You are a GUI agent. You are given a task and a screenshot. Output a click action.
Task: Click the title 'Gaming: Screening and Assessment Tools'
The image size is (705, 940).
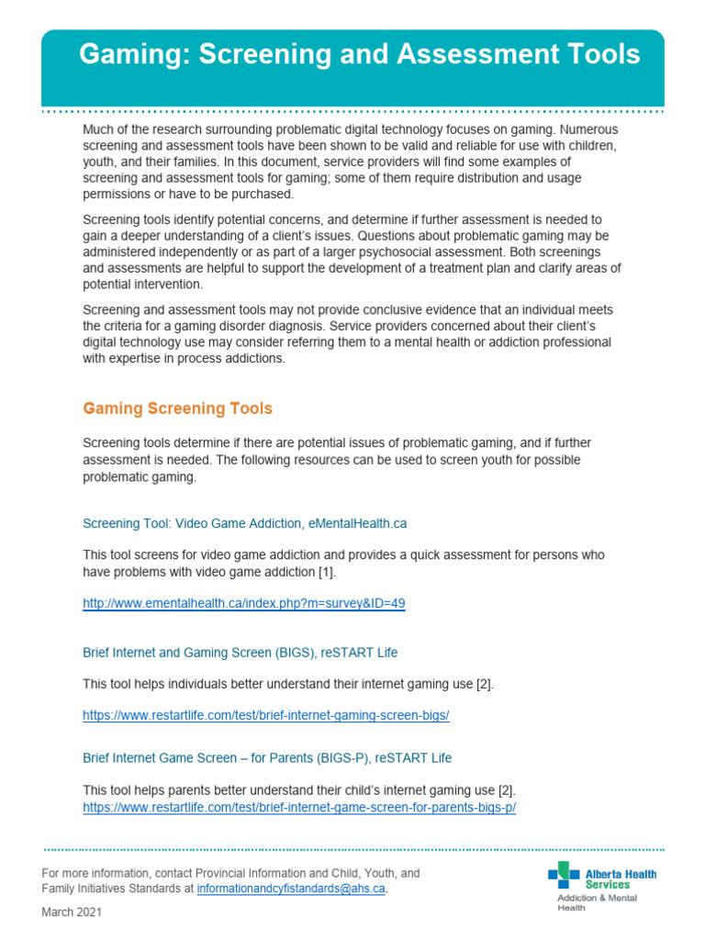point(359,55)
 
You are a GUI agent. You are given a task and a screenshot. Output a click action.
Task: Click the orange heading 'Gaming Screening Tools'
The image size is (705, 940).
point(177,408)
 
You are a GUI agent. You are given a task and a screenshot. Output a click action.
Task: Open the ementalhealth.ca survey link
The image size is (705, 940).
point(243,604)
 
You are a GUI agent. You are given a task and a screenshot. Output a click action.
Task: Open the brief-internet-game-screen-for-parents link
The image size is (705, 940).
point(299,808)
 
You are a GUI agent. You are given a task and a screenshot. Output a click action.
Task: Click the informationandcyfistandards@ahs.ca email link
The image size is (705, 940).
point(291,890)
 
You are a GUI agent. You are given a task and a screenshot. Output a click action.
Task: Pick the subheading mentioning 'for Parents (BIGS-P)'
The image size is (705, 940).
point(267,758)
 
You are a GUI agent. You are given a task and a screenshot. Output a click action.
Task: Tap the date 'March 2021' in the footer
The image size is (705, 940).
point(72,912)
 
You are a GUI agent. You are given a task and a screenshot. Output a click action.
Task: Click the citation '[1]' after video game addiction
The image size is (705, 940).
point(327,572)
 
